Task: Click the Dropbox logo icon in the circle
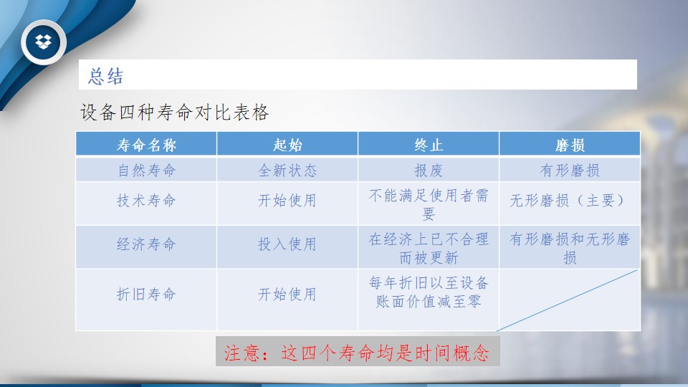point(43,42)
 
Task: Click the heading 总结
point(106,76)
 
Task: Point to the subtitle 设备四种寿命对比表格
point(174,113)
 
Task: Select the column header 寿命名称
point(146,145)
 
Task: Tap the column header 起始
point(288,145)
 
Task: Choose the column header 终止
point(429,145)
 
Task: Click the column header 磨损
point(570,145)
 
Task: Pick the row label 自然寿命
point(146,171)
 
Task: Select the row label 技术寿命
point(146,201)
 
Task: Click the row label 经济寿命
point(146,244)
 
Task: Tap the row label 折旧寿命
point(146,294)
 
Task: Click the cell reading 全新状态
point(288,171)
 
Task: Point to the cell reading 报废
point(429,171)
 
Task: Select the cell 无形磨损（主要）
point(570,201)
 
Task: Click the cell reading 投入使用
point(287,244)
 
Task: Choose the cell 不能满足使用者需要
point(429,204)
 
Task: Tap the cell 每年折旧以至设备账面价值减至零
point(429,292)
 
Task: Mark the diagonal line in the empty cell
point(567,300)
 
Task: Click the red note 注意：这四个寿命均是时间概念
point(357,353)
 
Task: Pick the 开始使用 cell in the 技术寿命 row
point(287,201)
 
